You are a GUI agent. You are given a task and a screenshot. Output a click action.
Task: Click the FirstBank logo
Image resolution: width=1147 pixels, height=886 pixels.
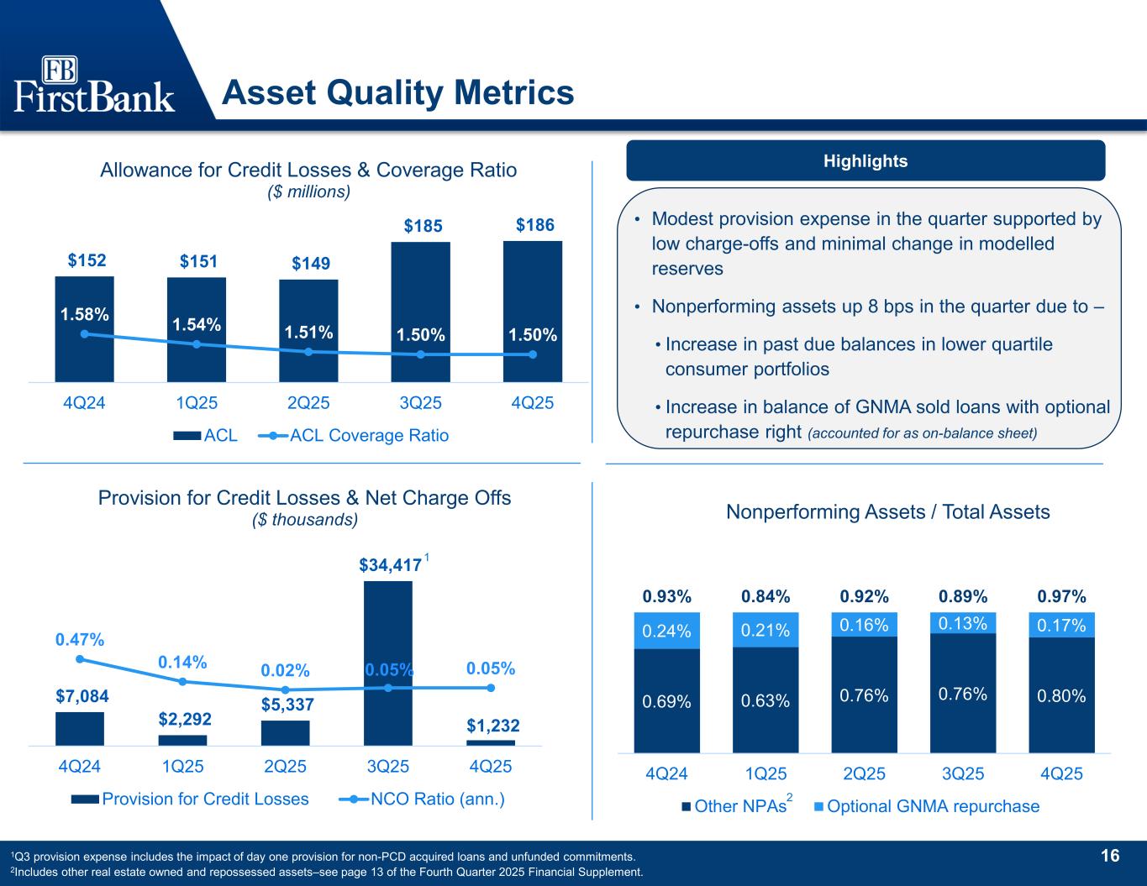(x=95, y=85)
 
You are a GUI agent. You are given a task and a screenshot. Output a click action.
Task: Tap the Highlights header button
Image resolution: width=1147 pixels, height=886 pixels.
(x=866, y=160)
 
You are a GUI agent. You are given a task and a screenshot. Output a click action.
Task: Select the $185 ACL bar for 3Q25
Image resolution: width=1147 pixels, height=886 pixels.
(x=420, y=311)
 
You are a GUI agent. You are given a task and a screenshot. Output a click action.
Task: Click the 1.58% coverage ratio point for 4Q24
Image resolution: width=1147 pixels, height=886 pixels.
(x=84, y=334)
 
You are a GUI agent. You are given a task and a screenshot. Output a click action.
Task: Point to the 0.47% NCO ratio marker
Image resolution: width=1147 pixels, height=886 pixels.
(x=80, y=659)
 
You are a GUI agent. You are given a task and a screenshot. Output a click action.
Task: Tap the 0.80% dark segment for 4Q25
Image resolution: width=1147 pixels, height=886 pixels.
(x=1061, y=695)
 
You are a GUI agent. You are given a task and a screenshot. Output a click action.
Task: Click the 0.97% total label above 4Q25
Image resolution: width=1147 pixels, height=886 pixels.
(x=1061, y=597)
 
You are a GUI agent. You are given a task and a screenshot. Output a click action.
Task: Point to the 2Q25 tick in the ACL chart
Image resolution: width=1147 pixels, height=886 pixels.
(x=308, y=402)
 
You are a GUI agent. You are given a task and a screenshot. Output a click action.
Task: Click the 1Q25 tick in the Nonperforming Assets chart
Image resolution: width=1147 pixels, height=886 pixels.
(x=766, y=773)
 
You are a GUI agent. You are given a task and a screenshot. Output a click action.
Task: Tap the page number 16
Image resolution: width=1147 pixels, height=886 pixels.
(x=1110, y=856)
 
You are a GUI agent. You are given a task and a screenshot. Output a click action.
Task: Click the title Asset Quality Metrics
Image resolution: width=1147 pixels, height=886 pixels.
(x=397, y=92)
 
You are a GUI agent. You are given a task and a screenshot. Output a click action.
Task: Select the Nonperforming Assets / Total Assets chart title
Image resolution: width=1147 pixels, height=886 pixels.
(x=887, y=511)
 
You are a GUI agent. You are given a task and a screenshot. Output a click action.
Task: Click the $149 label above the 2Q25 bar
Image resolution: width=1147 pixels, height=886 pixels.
(x=308, y=264)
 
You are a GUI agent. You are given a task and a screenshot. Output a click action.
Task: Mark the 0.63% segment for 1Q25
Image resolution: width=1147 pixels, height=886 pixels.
(x=766, y=699)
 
